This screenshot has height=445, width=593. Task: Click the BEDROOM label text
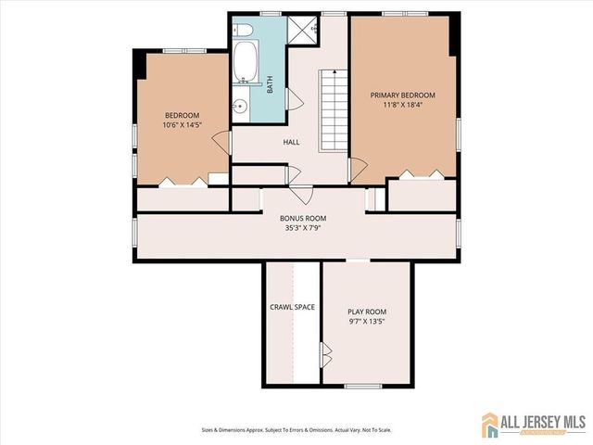click(183, 115)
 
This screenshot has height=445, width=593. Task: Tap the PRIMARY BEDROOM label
click(402, 95)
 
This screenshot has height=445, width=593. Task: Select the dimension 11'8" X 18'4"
click(402, 106)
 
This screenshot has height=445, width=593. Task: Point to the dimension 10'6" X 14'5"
click(183, 124)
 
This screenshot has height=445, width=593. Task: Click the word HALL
click(291, 142)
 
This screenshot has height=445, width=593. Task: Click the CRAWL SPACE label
click(293, 307)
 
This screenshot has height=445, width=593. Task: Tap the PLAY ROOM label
click(367, 311)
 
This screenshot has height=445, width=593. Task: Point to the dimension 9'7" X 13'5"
click(367, 322)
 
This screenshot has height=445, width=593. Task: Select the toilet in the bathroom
click(243, 31)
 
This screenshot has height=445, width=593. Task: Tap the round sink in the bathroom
click(241, 106)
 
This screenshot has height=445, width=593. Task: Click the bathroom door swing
click(295, 99)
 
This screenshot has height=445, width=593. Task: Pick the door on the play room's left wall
click(325, 354)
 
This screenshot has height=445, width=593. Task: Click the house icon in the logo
click(490, 426)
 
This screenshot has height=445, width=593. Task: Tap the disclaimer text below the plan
click(296, 430)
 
